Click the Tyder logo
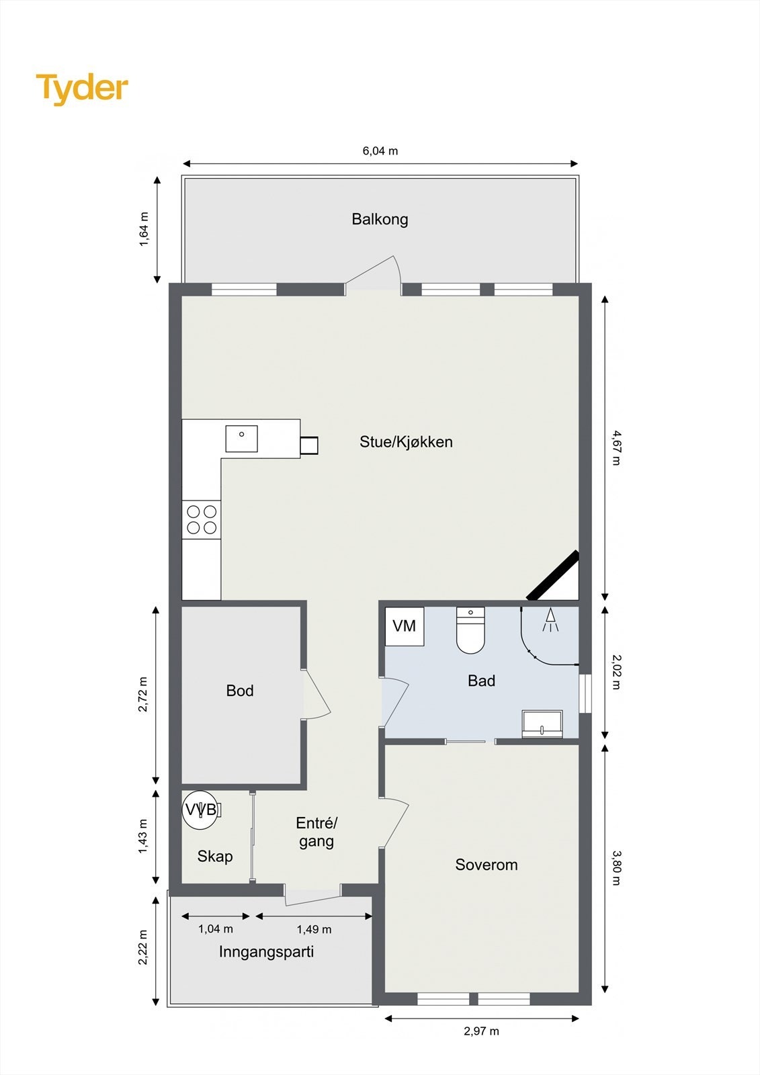82,89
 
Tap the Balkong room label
380,219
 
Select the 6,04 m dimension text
380,151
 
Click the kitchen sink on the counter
241,438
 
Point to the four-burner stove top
202,519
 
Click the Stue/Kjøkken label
406,442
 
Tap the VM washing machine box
404,626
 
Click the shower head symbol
550,619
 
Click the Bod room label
240,691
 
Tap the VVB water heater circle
200,810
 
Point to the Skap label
215,856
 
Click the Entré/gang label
316,832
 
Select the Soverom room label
487,865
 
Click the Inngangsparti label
266,951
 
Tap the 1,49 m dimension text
314,929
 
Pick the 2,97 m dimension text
481,1031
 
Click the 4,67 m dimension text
616,447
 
